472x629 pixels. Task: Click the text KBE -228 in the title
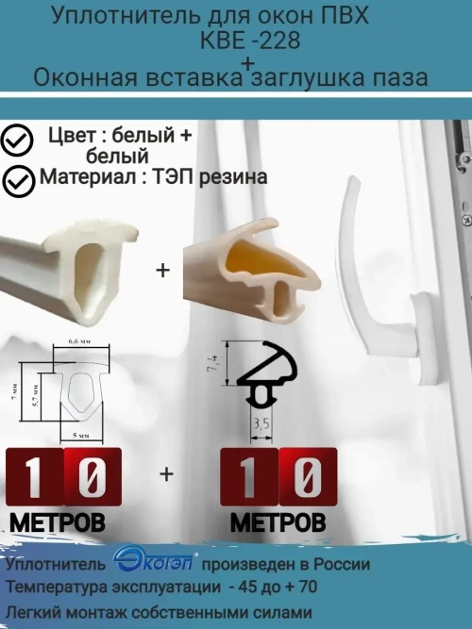click(246, 41)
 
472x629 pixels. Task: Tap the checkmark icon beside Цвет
click(17, 141)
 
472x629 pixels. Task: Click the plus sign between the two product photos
click(161, 271)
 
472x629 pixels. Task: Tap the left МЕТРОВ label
click(58, 521)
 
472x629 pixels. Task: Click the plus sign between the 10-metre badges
click(167, 474)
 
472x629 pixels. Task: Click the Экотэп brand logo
click(154, 562)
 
